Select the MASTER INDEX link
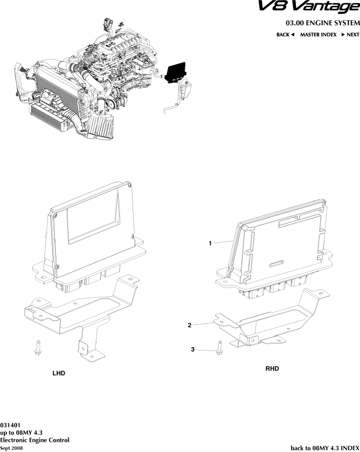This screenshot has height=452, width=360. pos(318,35)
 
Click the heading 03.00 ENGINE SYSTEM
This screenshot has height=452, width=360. pos(322,23)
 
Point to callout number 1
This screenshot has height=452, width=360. pos(210,243)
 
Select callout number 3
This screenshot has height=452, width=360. pos(192,349)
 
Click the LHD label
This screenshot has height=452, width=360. pos(59,373)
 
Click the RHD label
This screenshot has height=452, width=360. pos(272,369)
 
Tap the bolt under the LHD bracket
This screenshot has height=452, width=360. pos(38,347)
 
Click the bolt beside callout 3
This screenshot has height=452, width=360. pos(219,348)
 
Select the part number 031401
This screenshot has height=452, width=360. pos(10,425)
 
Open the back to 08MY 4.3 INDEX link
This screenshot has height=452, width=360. pos(325,448)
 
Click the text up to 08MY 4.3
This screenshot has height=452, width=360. pos(21,432)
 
